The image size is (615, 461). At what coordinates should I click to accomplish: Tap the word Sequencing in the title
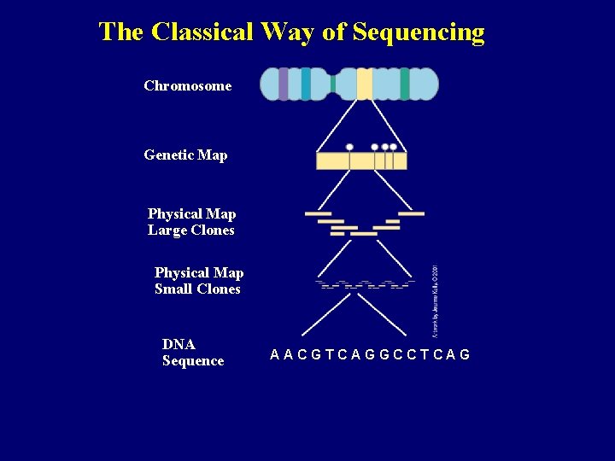pos(418,33)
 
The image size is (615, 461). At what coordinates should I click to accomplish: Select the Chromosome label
pos(187,85)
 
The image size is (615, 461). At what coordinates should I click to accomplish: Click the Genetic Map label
pos(185,155)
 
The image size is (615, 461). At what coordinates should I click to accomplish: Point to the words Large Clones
pos(190,230)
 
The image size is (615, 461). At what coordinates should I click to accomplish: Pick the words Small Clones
pos(197,289)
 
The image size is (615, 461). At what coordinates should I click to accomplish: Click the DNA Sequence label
pos(192,353)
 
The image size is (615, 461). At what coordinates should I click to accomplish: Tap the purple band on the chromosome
pos(284,85)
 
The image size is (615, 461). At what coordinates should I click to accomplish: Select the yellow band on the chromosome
pos(365,85)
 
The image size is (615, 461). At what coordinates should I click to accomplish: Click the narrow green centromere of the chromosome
pos(333,85)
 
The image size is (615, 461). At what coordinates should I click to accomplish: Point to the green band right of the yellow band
pos(404,85)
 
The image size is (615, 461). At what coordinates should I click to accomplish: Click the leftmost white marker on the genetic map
pos(349,148)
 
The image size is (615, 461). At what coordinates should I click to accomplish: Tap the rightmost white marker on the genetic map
pos(393,148)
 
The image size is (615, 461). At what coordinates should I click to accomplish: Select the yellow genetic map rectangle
pos(361,161)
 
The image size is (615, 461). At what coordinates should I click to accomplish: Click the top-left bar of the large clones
pos(318,213)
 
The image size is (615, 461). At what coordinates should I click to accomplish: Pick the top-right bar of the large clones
pos(411,213)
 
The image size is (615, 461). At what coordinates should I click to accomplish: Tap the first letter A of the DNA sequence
pos(275,354)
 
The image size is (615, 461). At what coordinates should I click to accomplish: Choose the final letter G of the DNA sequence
pos(465,354)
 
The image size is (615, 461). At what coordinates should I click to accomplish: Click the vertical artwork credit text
pos(435,298)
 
